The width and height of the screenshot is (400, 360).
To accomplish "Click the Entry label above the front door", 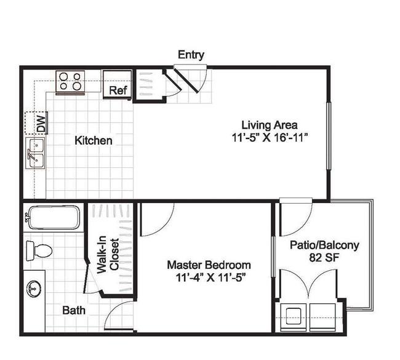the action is click(x=191, y=55).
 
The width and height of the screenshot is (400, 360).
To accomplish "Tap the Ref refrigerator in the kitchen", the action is click(x=118, y=84).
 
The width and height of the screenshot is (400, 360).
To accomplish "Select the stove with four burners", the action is click(x=70, y=82).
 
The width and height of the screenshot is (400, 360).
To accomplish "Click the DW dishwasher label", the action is click(x=41, y=123).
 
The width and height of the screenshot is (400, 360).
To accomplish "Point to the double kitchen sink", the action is click(x=35, y=153).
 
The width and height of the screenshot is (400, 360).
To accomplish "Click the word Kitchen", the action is click(x=94, y=140).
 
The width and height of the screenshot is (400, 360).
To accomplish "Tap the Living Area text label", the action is click(x=270, y=126).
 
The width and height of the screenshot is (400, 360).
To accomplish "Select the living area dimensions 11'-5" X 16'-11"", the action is click(x=269, y=138).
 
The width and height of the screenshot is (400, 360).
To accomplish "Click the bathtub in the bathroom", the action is click(x=53, y=217).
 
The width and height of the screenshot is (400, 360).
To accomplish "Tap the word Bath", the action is click(x=74, y=311).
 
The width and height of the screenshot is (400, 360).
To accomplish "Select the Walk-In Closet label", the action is click(x=108, y=255).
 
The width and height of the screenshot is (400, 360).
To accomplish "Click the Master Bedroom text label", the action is click(x=209, y=265).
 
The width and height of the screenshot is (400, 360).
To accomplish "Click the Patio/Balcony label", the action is click(x=324, y=245).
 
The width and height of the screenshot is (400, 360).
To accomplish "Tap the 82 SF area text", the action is click(x=324, y=257).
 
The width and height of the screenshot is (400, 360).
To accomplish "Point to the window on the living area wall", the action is click(x=329, y=135).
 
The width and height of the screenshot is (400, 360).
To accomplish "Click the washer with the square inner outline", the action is click(x=294, y=318).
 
